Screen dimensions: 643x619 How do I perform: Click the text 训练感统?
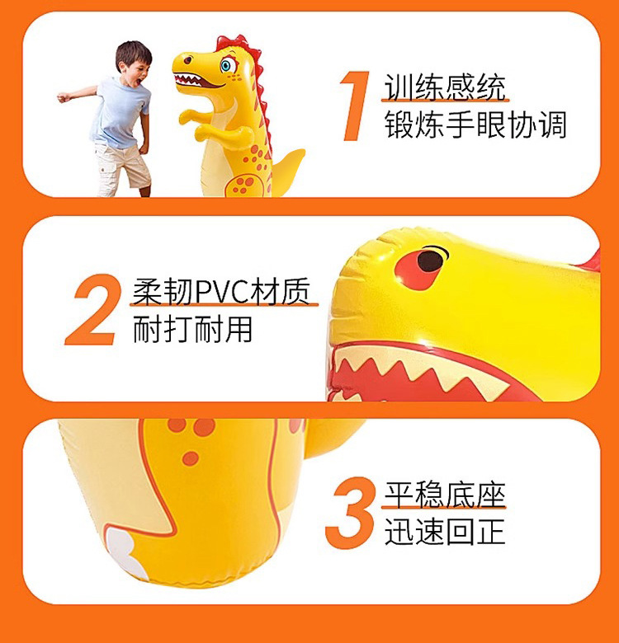(x=445, y=87)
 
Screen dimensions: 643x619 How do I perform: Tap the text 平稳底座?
(x=444, y=495)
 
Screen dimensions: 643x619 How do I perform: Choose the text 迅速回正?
(x=444, y=532)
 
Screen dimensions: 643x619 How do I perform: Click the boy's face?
(x=133, y=64)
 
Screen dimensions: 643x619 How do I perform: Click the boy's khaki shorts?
(x=120, y=163)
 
